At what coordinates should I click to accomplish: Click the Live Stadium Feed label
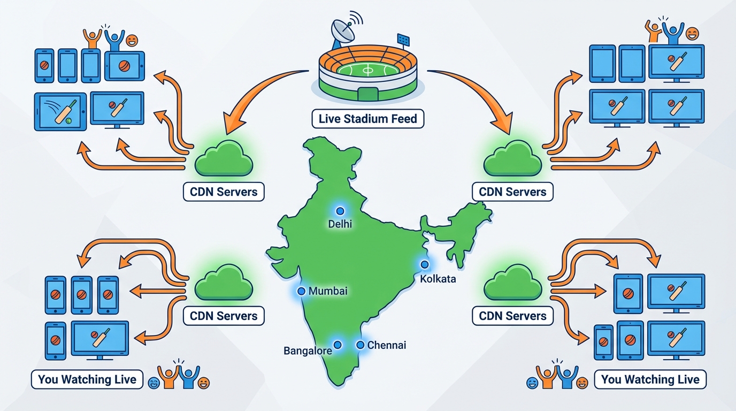coord(367,119)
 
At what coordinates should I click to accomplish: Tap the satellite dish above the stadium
coord(342,34)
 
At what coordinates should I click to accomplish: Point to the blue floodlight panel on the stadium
coord(403,39)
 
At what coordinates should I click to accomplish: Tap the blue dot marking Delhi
coord(340,211)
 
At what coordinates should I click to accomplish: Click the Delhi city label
coord(340,224)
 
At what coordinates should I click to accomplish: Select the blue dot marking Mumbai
coord(301,291)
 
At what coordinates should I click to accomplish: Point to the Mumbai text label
coord(328,291)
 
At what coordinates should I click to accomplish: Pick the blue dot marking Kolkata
coord(425,264)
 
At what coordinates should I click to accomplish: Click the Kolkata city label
coord(438,279)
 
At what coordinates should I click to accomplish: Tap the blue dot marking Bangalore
coord(338,345)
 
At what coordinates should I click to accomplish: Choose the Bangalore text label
coord(308,351)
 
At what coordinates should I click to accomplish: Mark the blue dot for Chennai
coord(360,345)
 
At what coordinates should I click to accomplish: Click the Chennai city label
coord(387,345)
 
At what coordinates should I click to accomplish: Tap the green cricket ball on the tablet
coord(68,121)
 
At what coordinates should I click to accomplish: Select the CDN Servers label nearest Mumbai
coord(224,316)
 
